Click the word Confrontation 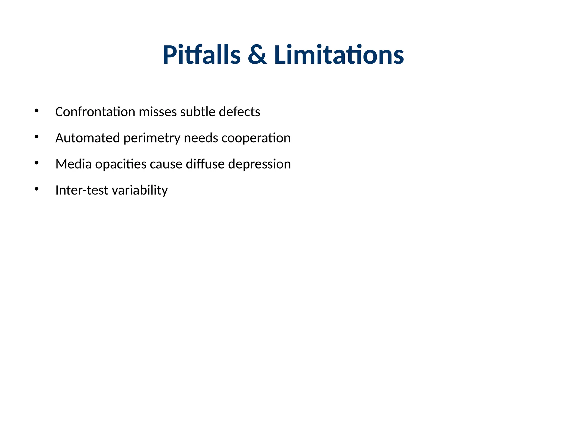pyautogui.click(x=95, y=112)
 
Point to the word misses pyautogui.click(x=158, y=112)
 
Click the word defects pyautogui.click(x=239, y=112)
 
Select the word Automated pyautogui.click(x=87, y=138)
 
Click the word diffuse pyautogui.click(x=205, y=164)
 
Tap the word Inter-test pyautogui.click(x=82, y=190)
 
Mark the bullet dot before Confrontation pyautogui.click(x=37, y=111)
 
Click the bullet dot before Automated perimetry pyautogui.click(x=37, y=137)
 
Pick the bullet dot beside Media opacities pyautogui.click(x=37, y=163)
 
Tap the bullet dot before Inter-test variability pyautogui.click(x=37, y=189)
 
